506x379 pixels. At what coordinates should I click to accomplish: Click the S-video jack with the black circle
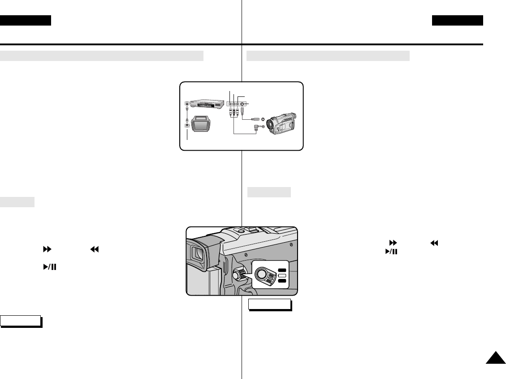pos(242,103)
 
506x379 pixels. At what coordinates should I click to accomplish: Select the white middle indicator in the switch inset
pos(282,274)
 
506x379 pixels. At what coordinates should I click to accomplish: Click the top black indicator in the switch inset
pos(282,269)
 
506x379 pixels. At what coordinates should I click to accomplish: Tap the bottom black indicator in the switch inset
pos(282,280)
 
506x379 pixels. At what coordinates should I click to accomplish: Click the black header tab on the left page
pos(26,21)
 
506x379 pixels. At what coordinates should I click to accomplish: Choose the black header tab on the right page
pos(458,21)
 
